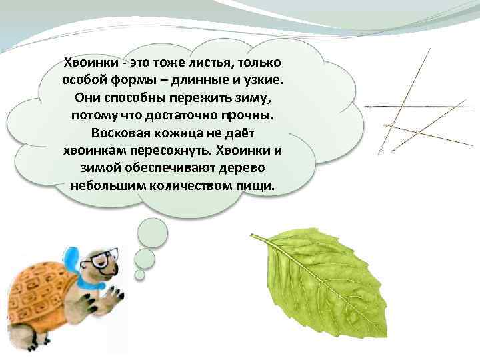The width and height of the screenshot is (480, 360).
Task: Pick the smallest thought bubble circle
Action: point(139,274)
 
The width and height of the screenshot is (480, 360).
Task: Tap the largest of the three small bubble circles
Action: point(151,233)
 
